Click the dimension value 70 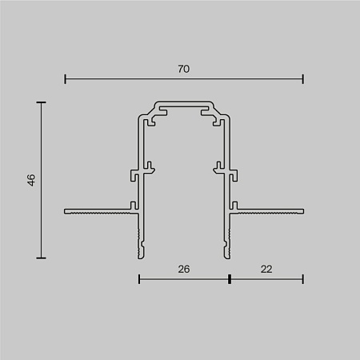click(184, 70)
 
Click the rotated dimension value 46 click(31, 180)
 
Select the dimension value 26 click(184, 270)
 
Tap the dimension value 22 click(266, 270)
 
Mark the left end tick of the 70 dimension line click(65, 78)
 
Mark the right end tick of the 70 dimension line click(303, 78)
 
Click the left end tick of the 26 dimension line click(139, 279)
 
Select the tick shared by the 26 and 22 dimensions click(229, 279)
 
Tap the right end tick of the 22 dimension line click(303, 279)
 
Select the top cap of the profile click(184, 105)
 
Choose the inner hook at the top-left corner click(151, 122)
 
